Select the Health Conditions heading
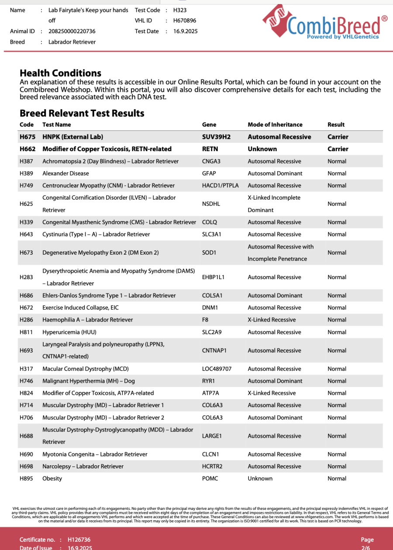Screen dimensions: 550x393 [60, 73]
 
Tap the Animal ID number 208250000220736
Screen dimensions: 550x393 [72, 31]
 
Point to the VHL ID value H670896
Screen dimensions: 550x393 [185, 21]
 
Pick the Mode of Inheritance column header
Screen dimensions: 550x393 [275, 125]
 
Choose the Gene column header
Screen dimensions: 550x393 [209, 125]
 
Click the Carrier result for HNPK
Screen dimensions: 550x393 [338, 137]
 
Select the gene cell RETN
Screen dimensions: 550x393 [210, 149]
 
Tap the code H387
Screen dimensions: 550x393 [26, 161]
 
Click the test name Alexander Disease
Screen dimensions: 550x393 [65, 173]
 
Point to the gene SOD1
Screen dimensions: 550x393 [209, 253]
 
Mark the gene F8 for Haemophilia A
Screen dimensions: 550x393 [205, 320]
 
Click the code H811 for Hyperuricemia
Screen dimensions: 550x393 [26, 332]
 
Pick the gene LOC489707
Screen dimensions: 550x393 [217, 369]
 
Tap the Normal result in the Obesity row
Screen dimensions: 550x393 [337, 478]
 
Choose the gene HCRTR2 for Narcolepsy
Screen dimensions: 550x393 [212, 466]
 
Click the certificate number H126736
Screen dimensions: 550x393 [79, 540]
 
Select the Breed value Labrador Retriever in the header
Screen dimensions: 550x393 [72, 42]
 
